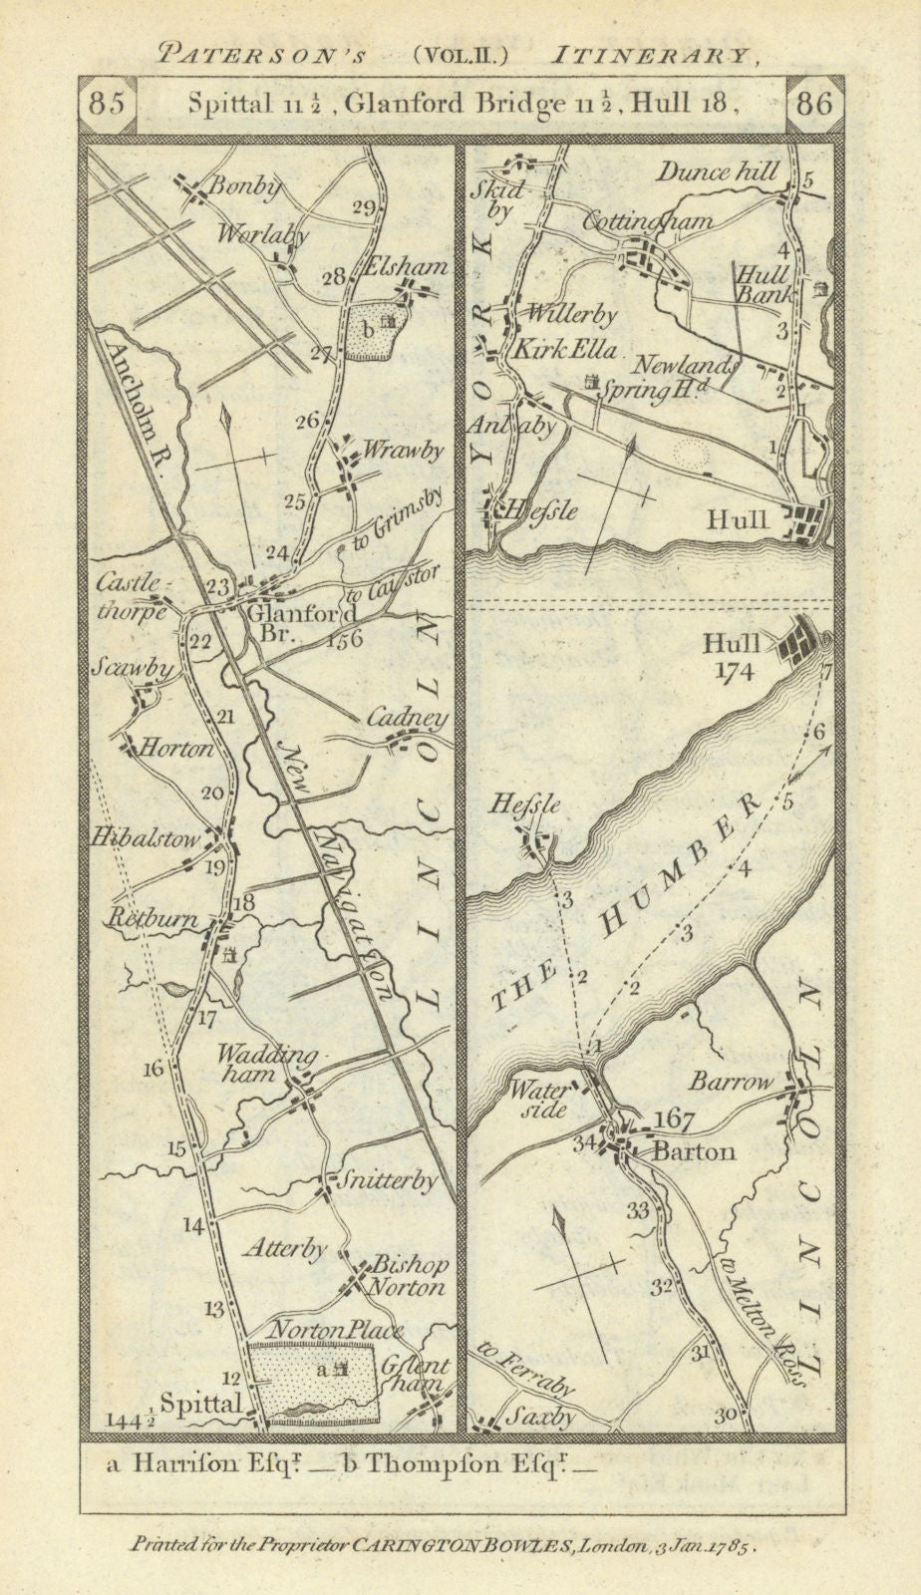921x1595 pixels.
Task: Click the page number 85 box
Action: (x=106, y=105)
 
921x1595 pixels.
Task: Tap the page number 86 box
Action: (x=814, y=105)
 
